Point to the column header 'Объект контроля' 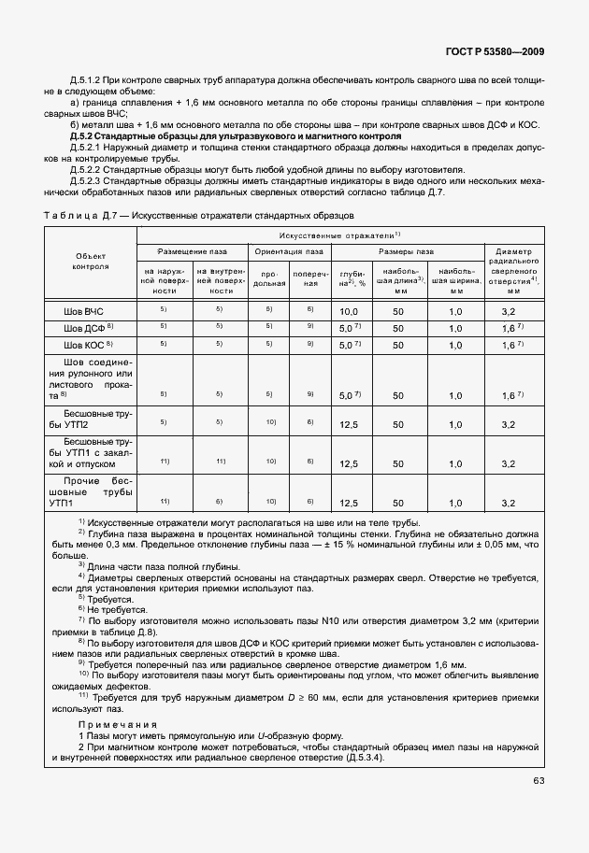click(91, 261)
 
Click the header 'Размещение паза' click(193, 251)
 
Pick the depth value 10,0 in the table click(350, 311)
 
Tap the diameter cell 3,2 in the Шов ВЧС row click(509, 311)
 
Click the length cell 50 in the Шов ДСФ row click(398, 328)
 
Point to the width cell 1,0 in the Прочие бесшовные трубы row click(455, 503)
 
